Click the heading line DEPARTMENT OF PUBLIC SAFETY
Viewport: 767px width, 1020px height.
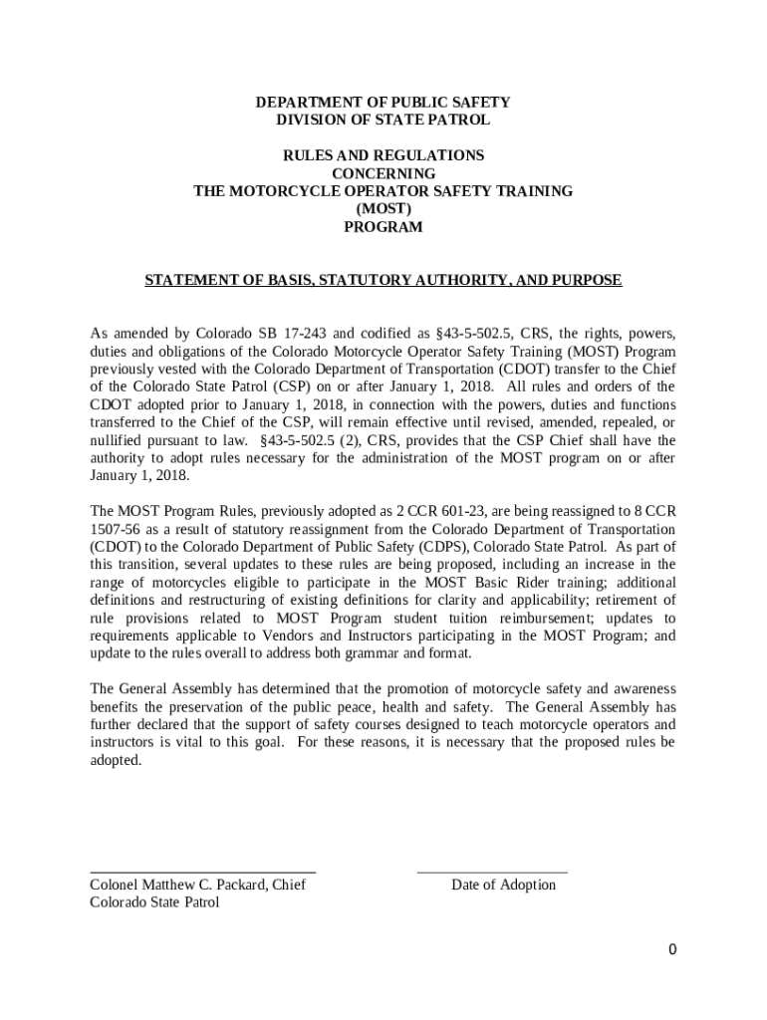(x=383, y=103)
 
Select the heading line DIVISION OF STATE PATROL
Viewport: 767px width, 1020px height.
(x=383, y=121)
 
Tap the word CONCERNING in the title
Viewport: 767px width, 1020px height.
(x=383, y=173)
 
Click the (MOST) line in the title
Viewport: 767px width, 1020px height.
(x=383, y=209)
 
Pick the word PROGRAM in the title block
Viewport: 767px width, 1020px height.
(x=383, y=227)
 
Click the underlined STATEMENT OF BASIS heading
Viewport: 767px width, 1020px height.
(x=383, y=281)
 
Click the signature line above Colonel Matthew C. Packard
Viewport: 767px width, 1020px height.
(x=202, y=872)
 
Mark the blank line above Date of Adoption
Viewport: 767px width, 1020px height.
(x=491, y=872)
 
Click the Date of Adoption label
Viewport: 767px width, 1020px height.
(x=503, y=885)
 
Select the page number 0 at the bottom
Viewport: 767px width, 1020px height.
(x=672, y=949)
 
